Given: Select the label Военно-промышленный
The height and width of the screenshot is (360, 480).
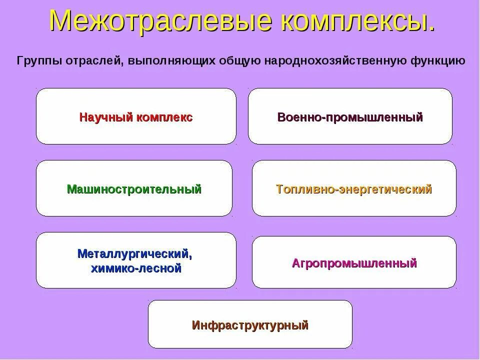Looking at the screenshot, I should [x=350, y=117].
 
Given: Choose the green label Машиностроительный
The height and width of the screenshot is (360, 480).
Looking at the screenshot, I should [x=134, y=189].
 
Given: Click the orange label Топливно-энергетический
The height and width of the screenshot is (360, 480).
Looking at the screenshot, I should [x=353, y=189].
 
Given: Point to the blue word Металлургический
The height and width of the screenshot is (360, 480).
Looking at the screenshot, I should [x=135, y=253].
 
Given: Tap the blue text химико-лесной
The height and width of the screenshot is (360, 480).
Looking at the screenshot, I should [x=135, y=268].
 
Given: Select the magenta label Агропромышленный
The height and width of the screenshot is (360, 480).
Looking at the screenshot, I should [x=354, y=263].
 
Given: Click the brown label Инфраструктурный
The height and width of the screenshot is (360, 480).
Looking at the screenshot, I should [x=250, y=325].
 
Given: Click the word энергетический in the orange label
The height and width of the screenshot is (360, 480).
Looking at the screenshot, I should [x=385, y=189].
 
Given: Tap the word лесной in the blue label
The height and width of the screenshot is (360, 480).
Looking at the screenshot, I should [x=162, y=268].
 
